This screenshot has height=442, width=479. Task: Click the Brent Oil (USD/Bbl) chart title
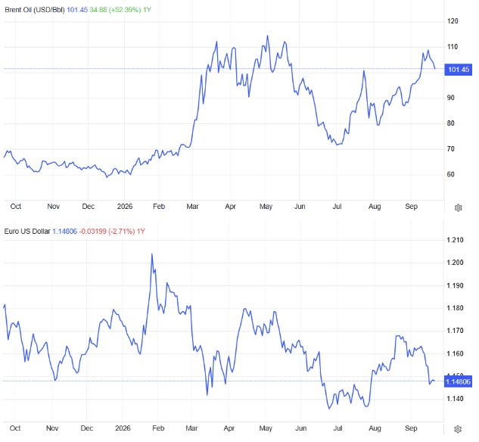(35, 10)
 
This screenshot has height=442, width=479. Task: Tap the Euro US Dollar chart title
(27, 232)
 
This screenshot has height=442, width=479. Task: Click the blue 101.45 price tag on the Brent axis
(459, 70)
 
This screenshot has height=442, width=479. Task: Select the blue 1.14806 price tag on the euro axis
(458, 381)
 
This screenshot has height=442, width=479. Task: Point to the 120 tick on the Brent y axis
(453, 21)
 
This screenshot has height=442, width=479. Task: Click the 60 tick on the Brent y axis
(450, 174)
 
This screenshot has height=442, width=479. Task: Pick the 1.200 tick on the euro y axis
(456, 263)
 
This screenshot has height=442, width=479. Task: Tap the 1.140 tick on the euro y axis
(456, 399)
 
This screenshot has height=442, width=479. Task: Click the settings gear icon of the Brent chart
(459, 208)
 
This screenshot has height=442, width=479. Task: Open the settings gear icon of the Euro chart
(458, 429)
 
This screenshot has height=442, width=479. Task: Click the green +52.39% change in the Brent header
(125, 10)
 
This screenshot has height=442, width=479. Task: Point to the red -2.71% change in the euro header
(122, 232)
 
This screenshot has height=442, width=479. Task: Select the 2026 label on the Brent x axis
(125, 207)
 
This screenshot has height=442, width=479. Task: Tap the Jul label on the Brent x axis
(337, 207)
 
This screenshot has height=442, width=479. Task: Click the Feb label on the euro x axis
(158, 428)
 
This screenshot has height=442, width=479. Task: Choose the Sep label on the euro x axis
(411, 428)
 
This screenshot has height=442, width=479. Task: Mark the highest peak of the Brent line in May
(268, 36)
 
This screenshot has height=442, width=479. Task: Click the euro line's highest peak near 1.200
(152, 254)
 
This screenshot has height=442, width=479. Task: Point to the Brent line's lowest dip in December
(107, 177)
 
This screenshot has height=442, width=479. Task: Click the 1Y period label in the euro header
(141, 232)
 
